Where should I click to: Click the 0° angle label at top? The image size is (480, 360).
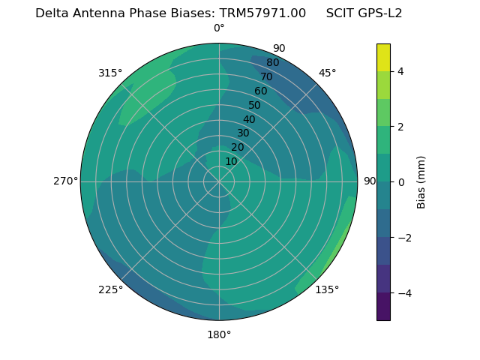click(x=219, y=28)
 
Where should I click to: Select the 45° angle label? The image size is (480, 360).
click(x=327, y=73)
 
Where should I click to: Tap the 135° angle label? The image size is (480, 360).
click(x=327, y=289)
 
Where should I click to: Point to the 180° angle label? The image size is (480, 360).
click(x=219, y=334)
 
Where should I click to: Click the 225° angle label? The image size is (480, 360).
click(x=110, y=290)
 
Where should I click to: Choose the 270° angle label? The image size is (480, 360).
click(x=65, y=181)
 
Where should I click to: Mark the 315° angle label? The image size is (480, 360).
click(x=110, y=73)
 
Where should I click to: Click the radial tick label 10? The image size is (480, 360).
click(x=231, y=161)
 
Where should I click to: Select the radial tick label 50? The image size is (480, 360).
click(x=255, y=105)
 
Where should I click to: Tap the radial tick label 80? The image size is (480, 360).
click(x=273, y=62)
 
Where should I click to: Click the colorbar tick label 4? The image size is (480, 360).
click(x=401, y=71)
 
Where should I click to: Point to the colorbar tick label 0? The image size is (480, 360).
click(x=401, y=181)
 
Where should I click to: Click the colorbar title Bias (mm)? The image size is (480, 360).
click(x=421, y=181)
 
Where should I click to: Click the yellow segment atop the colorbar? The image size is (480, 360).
click(x=383, y=57)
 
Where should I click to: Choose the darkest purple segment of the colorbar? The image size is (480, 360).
click(x=383, y=306)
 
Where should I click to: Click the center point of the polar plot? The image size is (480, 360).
click(x=219, y=181)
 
